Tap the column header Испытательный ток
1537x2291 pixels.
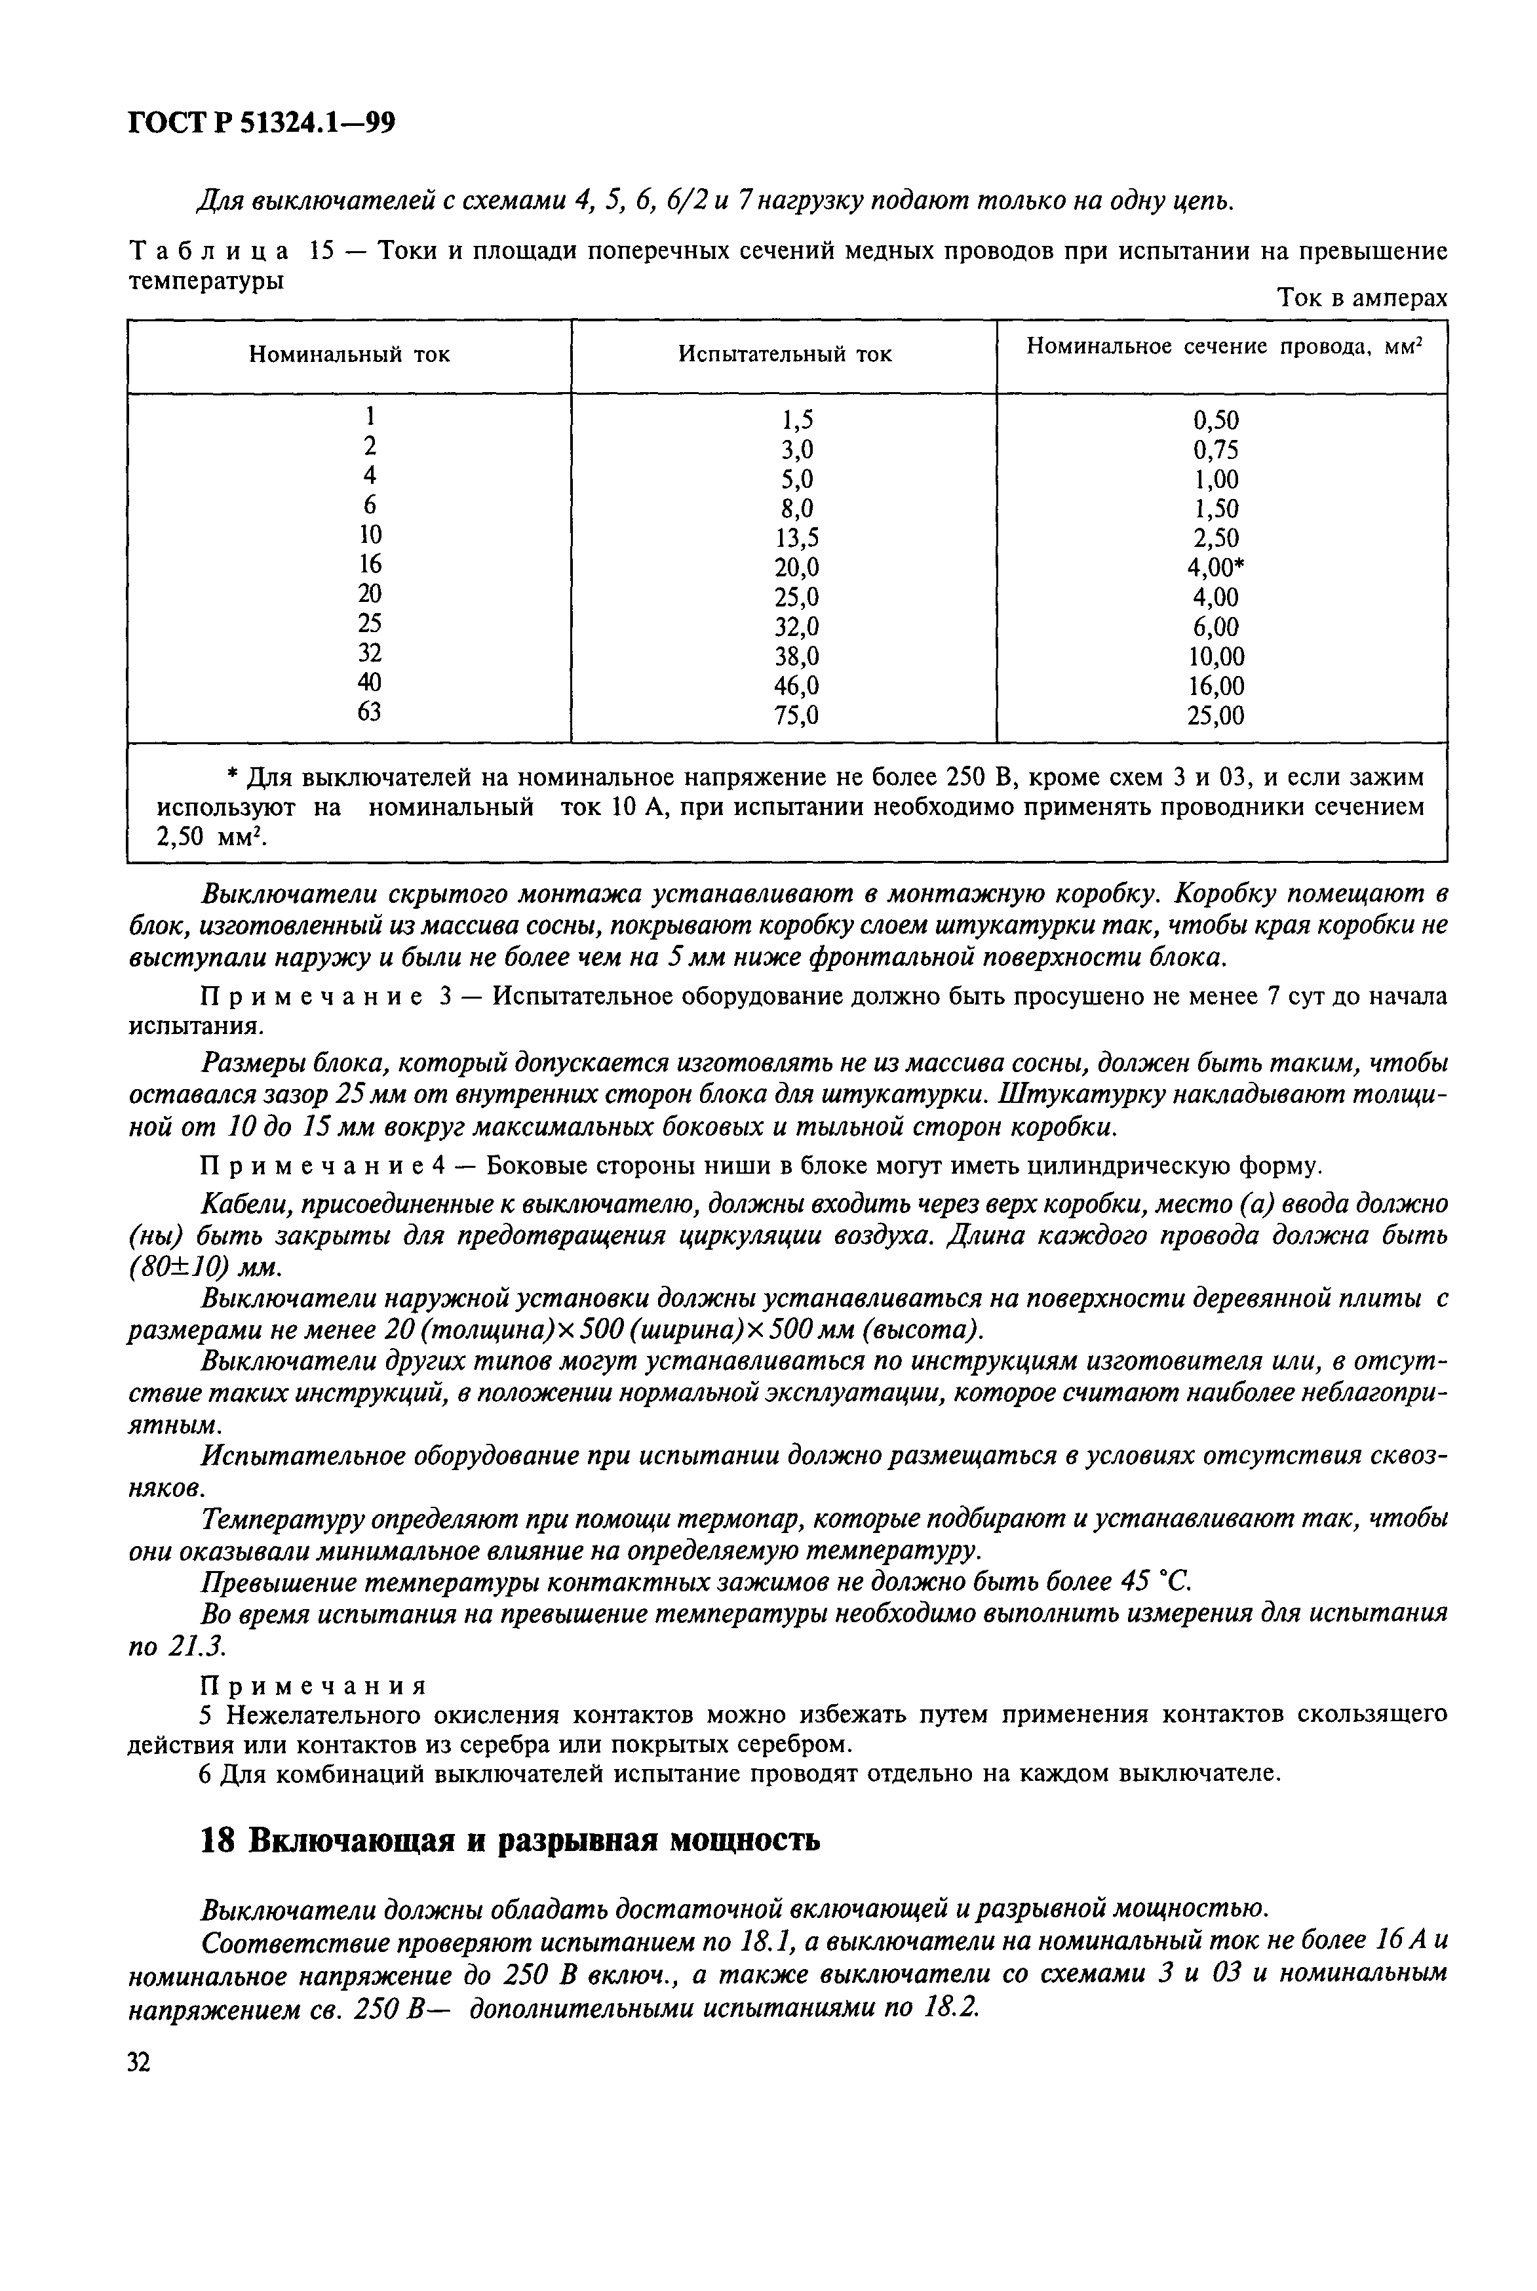pyautogui.click(x=785, y=355)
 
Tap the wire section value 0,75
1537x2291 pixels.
pyautogui.click(x=1215, y=450)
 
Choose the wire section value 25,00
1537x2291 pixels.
pyautogui.click(x=1215, y=715)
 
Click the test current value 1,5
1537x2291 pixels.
pyautogui.click(x=798, y=420)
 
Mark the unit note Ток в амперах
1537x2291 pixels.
pyautogui.click(x=1363, y=298)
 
